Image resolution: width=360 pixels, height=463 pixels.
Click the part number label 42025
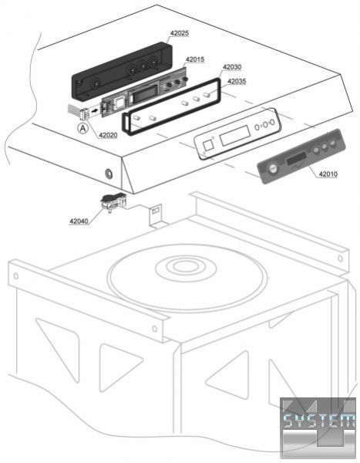pyautogui.click(x=180, y=33)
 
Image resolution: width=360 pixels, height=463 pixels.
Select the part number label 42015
pyautogui.click(x=195, y=59)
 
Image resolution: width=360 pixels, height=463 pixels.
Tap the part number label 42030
pyautogui.click(x=232, y=67)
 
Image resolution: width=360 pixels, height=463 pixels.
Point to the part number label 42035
pyautogui.click(x=237, y=81)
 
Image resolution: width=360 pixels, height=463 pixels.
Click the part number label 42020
pyautogui.click(x=108, y=135)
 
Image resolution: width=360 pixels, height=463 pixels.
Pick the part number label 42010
pyautogui.click(x=328, y=174)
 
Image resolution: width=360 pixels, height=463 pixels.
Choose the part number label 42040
pyautogui.click(x=79, y=221)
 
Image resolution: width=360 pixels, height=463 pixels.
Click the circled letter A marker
pyautogui.click(x=83, y=128)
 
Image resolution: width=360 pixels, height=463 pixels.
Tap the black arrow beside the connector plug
pyautogui.click(x=95, y=111)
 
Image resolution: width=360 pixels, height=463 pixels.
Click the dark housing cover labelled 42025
pyautogui.click(x=122, y=70)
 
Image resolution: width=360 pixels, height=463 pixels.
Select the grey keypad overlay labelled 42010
pyautogui.click(x=301, y=156)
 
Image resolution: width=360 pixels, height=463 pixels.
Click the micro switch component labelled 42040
pyautogui.click(x=113, y=201)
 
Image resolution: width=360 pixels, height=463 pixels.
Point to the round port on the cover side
pyautogui.click(x=109, y=173)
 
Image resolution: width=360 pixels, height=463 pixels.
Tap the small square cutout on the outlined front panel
pyautogui.click(x=208, y=145)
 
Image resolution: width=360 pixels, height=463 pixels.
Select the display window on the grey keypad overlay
pyautogui.click(x=296, y=160)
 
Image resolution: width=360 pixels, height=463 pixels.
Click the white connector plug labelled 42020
pyautogui.click(x=84, y=113)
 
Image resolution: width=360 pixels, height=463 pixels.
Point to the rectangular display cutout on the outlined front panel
pyautogui.click(x=235, y=135)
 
